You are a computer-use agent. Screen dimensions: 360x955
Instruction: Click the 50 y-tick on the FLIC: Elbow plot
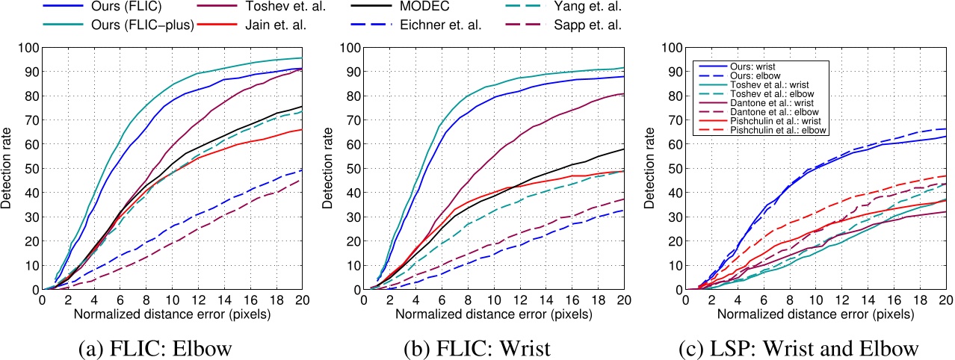[x=30, y=169]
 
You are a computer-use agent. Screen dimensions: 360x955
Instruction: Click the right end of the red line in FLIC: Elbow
[x=303, y=130]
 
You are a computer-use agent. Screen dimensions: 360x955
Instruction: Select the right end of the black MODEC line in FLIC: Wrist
[x=623, y=149]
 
